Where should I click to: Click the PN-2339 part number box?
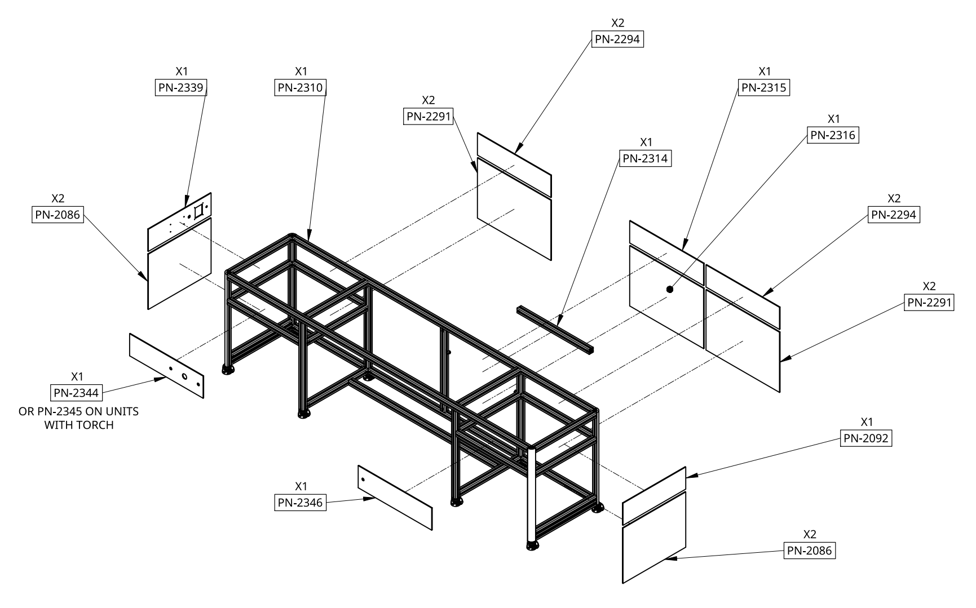pos(182,87)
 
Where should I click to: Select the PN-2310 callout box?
pos(301,87)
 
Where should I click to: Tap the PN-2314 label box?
pos(645,158)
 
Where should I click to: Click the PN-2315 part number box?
pos(764,87)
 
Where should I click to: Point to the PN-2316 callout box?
pos(833,135)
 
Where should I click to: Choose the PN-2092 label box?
pos(866,438)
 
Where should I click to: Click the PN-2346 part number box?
pos(301,502)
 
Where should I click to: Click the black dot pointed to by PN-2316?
pos(670,289)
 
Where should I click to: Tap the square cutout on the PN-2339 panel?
pos(198,212)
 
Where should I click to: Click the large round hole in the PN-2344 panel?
pos(184,376)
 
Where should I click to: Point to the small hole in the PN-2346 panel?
pos(363,480)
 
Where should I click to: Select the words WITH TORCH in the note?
pos(78,425)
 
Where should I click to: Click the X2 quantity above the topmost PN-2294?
pos(617,23)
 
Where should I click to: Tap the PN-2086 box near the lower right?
pos(809,551)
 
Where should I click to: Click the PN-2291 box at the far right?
pos(929,303)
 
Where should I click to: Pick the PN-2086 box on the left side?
pos(58,215)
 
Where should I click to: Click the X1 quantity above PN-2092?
pos(867,422)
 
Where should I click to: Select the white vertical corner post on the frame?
pos(531,496)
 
